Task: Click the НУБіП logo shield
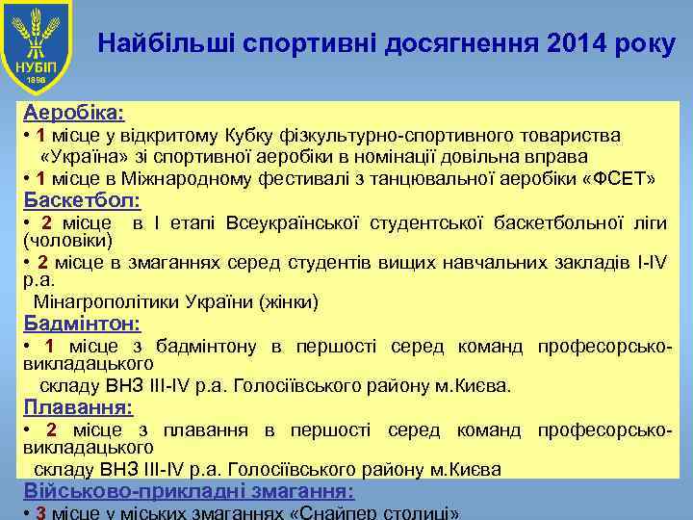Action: (41, 45)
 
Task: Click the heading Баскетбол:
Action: (82, 201)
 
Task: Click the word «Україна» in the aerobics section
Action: (78, 156)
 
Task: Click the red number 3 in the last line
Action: (40, 512)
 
